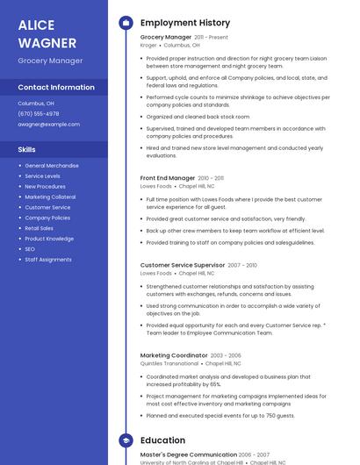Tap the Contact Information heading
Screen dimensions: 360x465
tap(56, 88)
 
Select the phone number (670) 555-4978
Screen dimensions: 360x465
tap(39, 114)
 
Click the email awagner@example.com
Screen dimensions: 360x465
tap(49, 125)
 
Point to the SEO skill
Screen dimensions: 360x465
tap(31, 249)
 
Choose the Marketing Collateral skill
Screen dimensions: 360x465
tap(50, 197)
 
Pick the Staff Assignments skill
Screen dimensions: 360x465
tap(48, 260)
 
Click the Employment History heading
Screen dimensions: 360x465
tap(185, 23)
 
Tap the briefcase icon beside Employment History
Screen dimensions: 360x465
tap(125, 23)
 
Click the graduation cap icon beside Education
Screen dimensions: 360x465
tap(125, 440)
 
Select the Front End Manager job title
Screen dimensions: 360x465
tap(168, 178)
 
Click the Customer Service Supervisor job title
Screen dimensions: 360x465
tap(183, 265)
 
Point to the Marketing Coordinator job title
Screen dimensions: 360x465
tap(173, 355)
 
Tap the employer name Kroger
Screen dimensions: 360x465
tap(148, 45)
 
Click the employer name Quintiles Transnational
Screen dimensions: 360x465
tap(169, 363)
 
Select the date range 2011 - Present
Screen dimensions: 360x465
tap(211, 38)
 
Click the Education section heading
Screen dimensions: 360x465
tap(162, 440)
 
